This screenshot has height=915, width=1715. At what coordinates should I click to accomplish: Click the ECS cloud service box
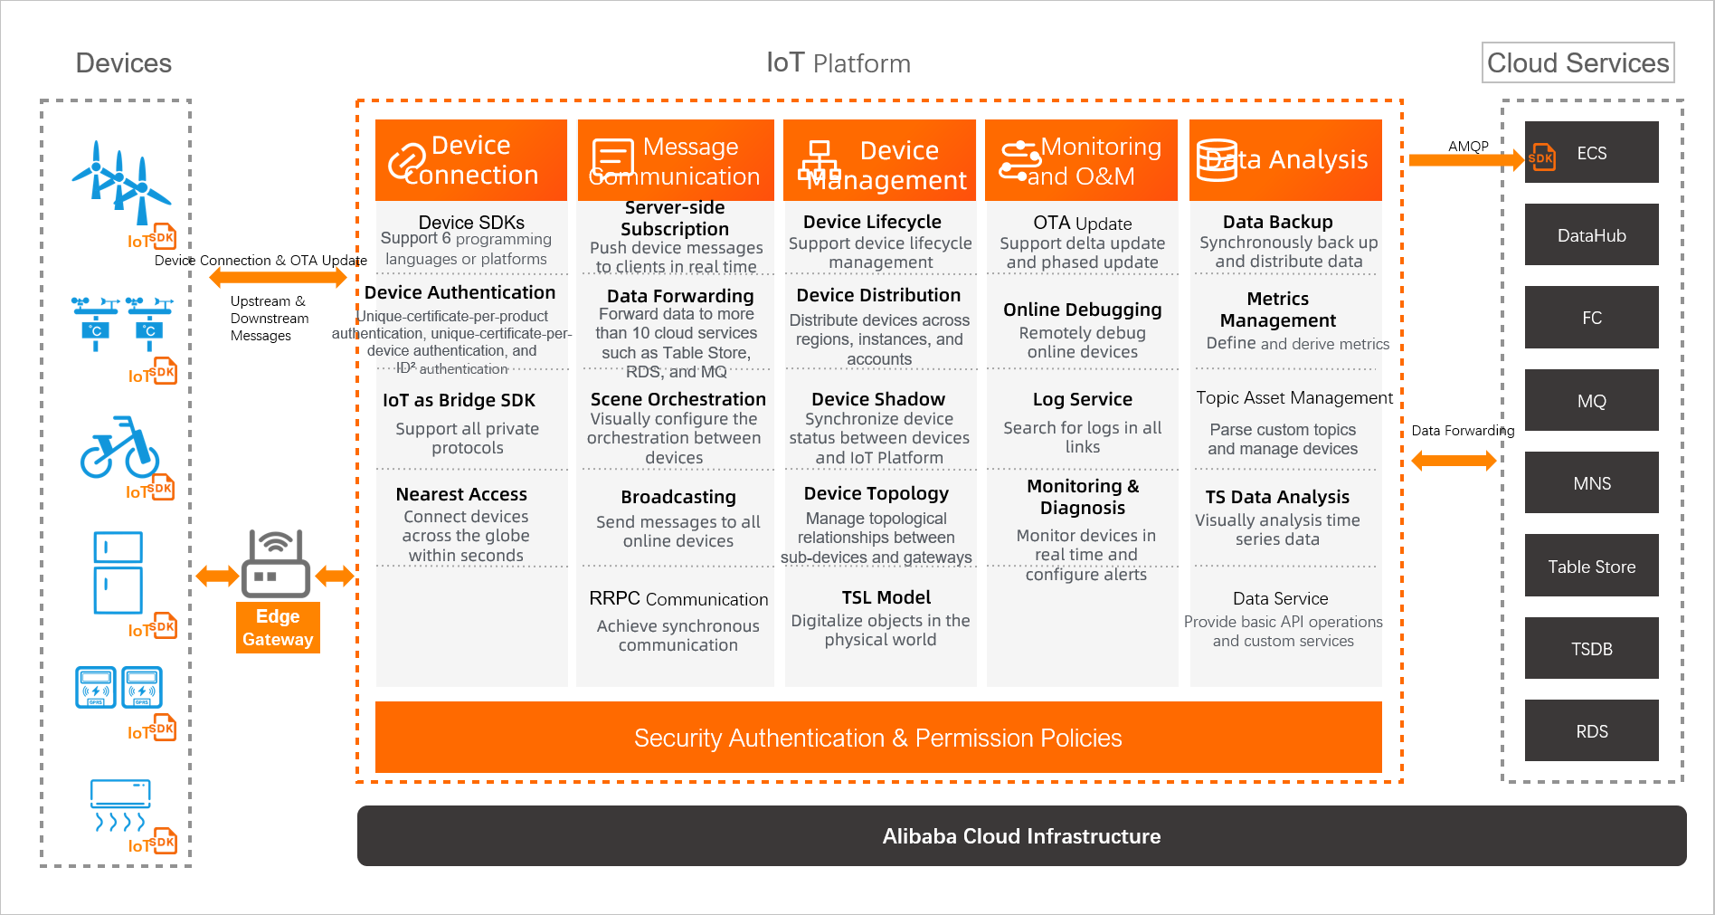pos(1591,153)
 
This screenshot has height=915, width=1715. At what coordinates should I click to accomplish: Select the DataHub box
pos(1591,235)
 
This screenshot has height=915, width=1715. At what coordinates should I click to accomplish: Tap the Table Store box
pos(1591,567)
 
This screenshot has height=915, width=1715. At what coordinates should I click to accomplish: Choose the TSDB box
pos(1591,649)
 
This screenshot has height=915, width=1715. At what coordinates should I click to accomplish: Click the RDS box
pos(1591,731)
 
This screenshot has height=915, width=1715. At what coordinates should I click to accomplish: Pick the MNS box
pos(1591,483)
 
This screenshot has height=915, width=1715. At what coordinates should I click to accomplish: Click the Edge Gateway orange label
pos(278,627)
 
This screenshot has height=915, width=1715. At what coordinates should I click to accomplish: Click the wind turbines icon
pos(121,181)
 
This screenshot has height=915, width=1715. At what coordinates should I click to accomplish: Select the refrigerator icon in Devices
pos(118,572)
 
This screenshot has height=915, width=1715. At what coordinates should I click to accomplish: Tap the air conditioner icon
pos(120,805)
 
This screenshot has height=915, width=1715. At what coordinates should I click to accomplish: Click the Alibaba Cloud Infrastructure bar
pos(1021,836)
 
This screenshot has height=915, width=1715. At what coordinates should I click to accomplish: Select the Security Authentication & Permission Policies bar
pos(877,738)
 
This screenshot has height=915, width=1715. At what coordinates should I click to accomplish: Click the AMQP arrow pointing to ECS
pos(1465,160)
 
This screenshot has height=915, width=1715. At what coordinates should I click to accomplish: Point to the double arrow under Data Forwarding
pos(1454,461)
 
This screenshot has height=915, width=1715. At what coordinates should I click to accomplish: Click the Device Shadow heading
pos(877,399)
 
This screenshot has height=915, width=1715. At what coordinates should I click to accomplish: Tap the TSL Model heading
pos(886,597)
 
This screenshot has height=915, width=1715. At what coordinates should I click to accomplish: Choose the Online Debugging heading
pos(1082,310)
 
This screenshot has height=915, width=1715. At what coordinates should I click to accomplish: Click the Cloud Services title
pos(1578,62)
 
